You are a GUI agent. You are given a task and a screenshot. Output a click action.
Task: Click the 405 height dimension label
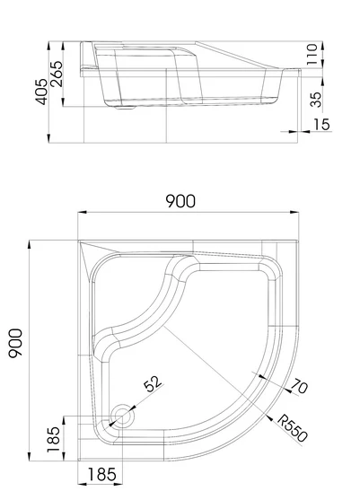41,92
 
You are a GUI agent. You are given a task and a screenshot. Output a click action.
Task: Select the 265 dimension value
57,74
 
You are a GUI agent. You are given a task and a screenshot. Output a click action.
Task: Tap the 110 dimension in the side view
312,54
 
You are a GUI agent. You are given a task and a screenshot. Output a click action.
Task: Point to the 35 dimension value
316,100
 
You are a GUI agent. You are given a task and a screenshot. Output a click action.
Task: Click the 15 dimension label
321,124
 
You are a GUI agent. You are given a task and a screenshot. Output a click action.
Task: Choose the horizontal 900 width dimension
180,201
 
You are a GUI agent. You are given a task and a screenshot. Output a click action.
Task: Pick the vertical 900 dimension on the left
15,343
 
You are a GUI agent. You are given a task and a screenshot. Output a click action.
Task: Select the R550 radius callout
293,428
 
